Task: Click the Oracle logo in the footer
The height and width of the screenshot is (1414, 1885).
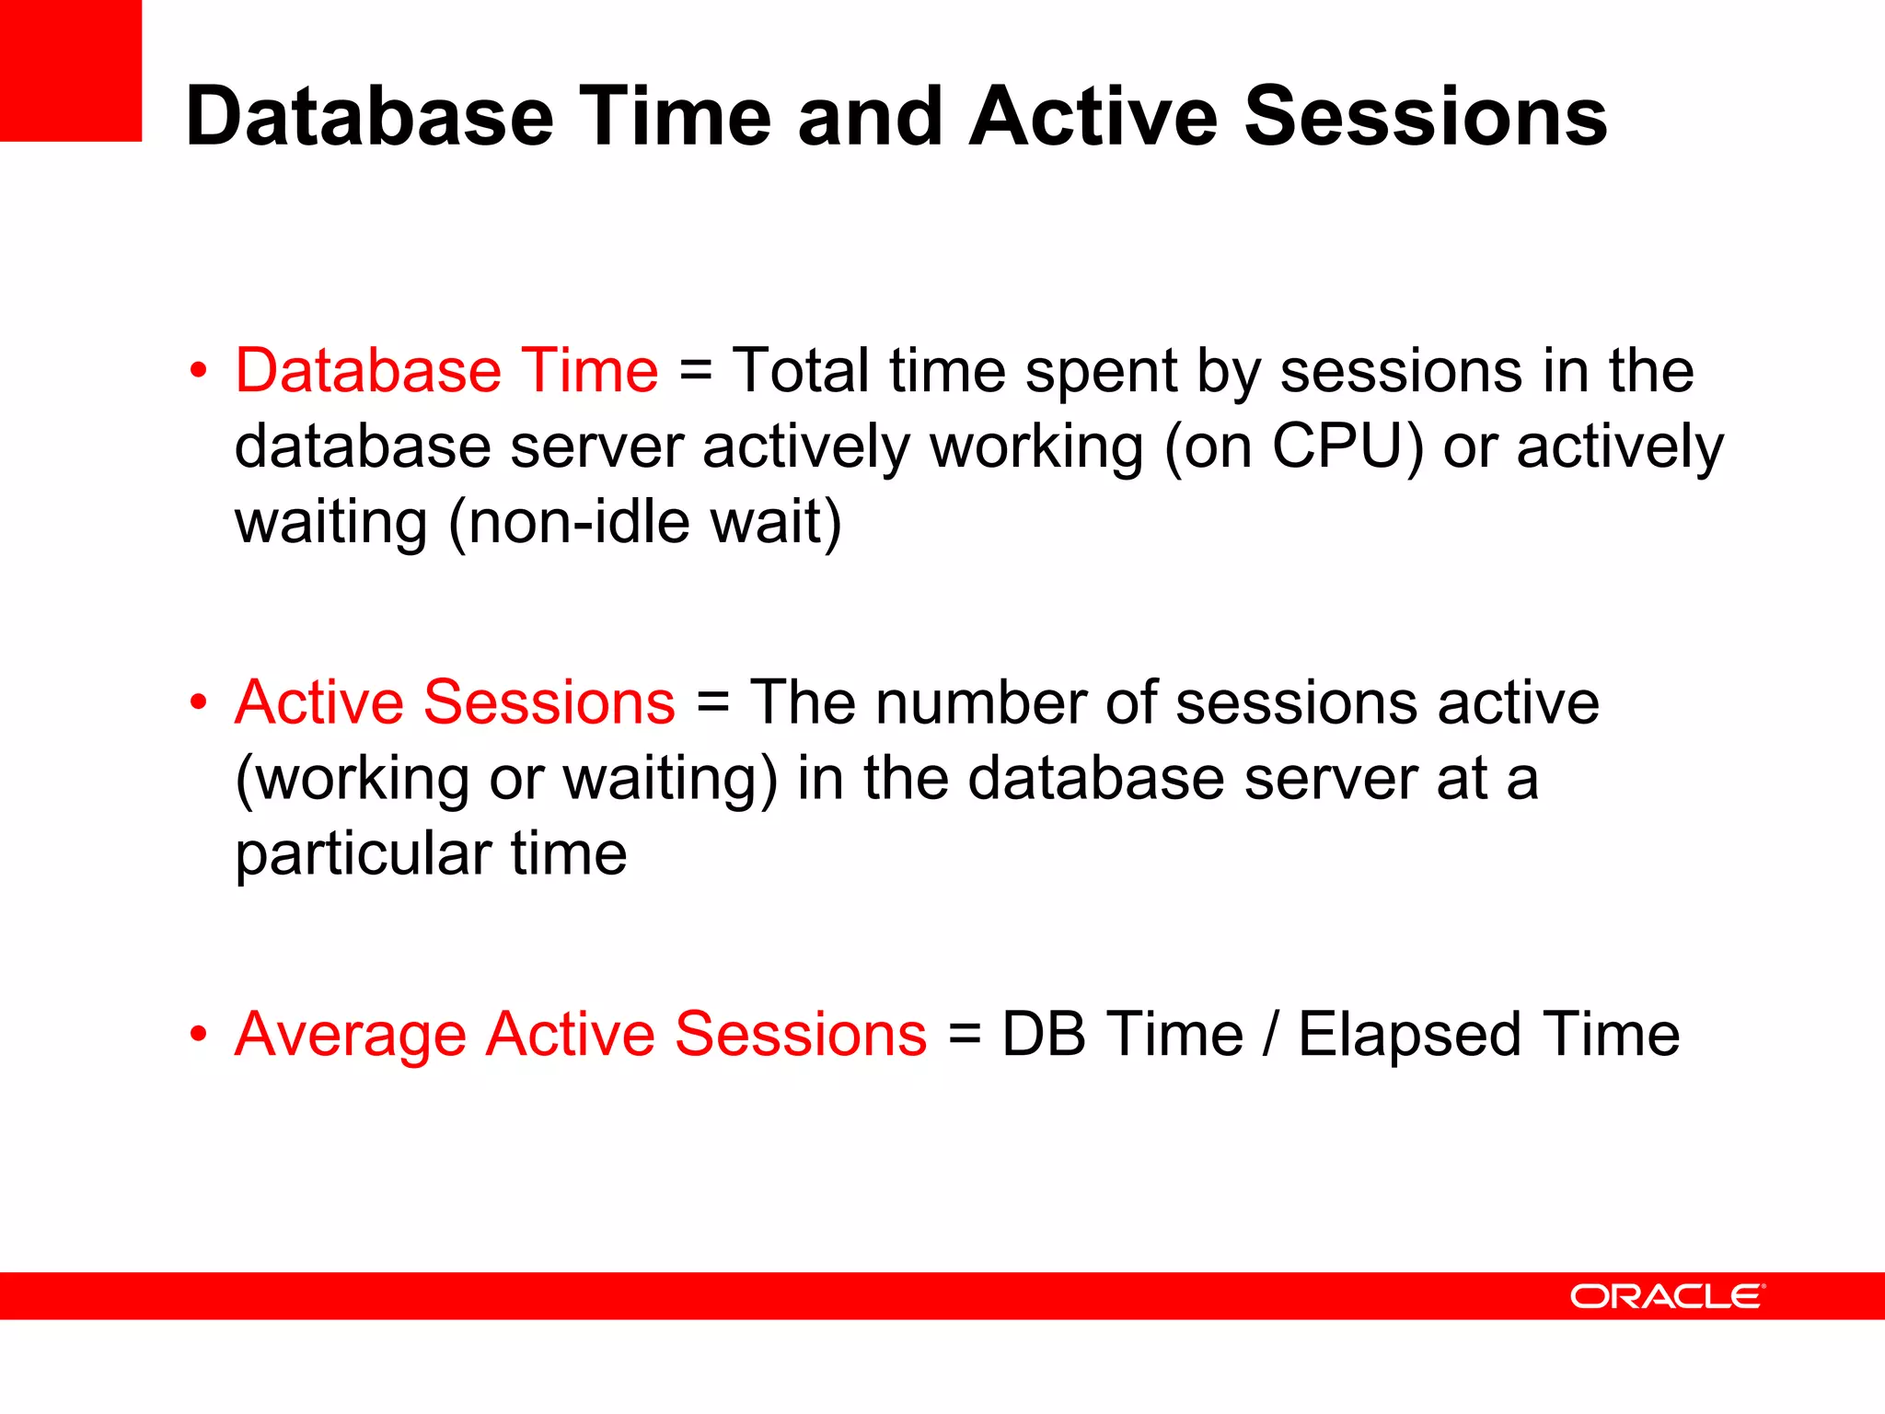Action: [1667, 1296]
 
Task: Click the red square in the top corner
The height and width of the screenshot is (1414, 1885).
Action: [70, 70]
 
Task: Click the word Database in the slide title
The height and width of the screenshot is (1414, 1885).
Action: [369, 117]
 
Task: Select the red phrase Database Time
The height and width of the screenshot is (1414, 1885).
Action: [446, 371]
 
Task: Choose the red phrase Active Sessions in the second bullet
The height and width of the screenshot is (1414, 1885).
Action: [455, 702]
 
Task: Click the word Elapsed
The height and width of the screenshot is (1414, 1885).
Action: [1409, 1035]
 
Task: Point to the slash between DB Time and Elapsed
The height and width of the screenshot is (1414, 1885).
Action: [1271, 1035]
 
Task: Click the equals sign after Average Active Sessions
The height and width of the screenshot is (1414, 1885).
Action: [964, 1035]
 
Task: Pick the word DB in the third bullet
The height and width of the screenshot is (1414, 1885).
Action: [1043, 1035]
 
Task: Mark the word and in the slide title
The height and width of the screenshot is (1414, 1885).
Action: [871, 117]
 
